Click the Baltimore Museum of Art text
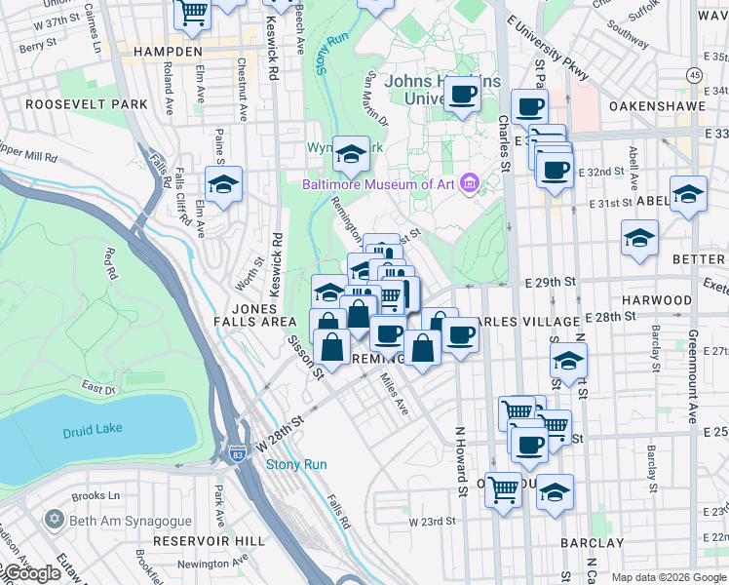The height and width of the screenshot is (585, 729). coord(380,184)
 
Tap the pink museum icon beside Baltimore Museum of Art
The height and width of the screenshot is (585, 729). coord(471,183)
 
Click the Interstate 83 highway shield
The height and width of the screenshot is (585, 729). coord(237,454)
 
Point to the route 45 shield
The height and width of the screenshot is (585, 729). coord(694,74)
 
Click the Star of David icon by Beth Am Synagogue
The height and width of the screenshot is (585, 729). coord(54,521)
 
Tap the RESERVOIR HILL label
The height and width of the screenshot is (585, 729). coord(202,540)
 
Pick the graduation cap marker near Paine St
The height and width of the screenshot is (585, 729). coord(223,184)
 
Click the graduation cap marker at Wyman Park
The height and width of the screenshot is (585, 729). coord(351,153)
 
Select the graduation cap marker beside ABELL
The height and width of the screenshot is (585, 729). coord(688,193)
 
